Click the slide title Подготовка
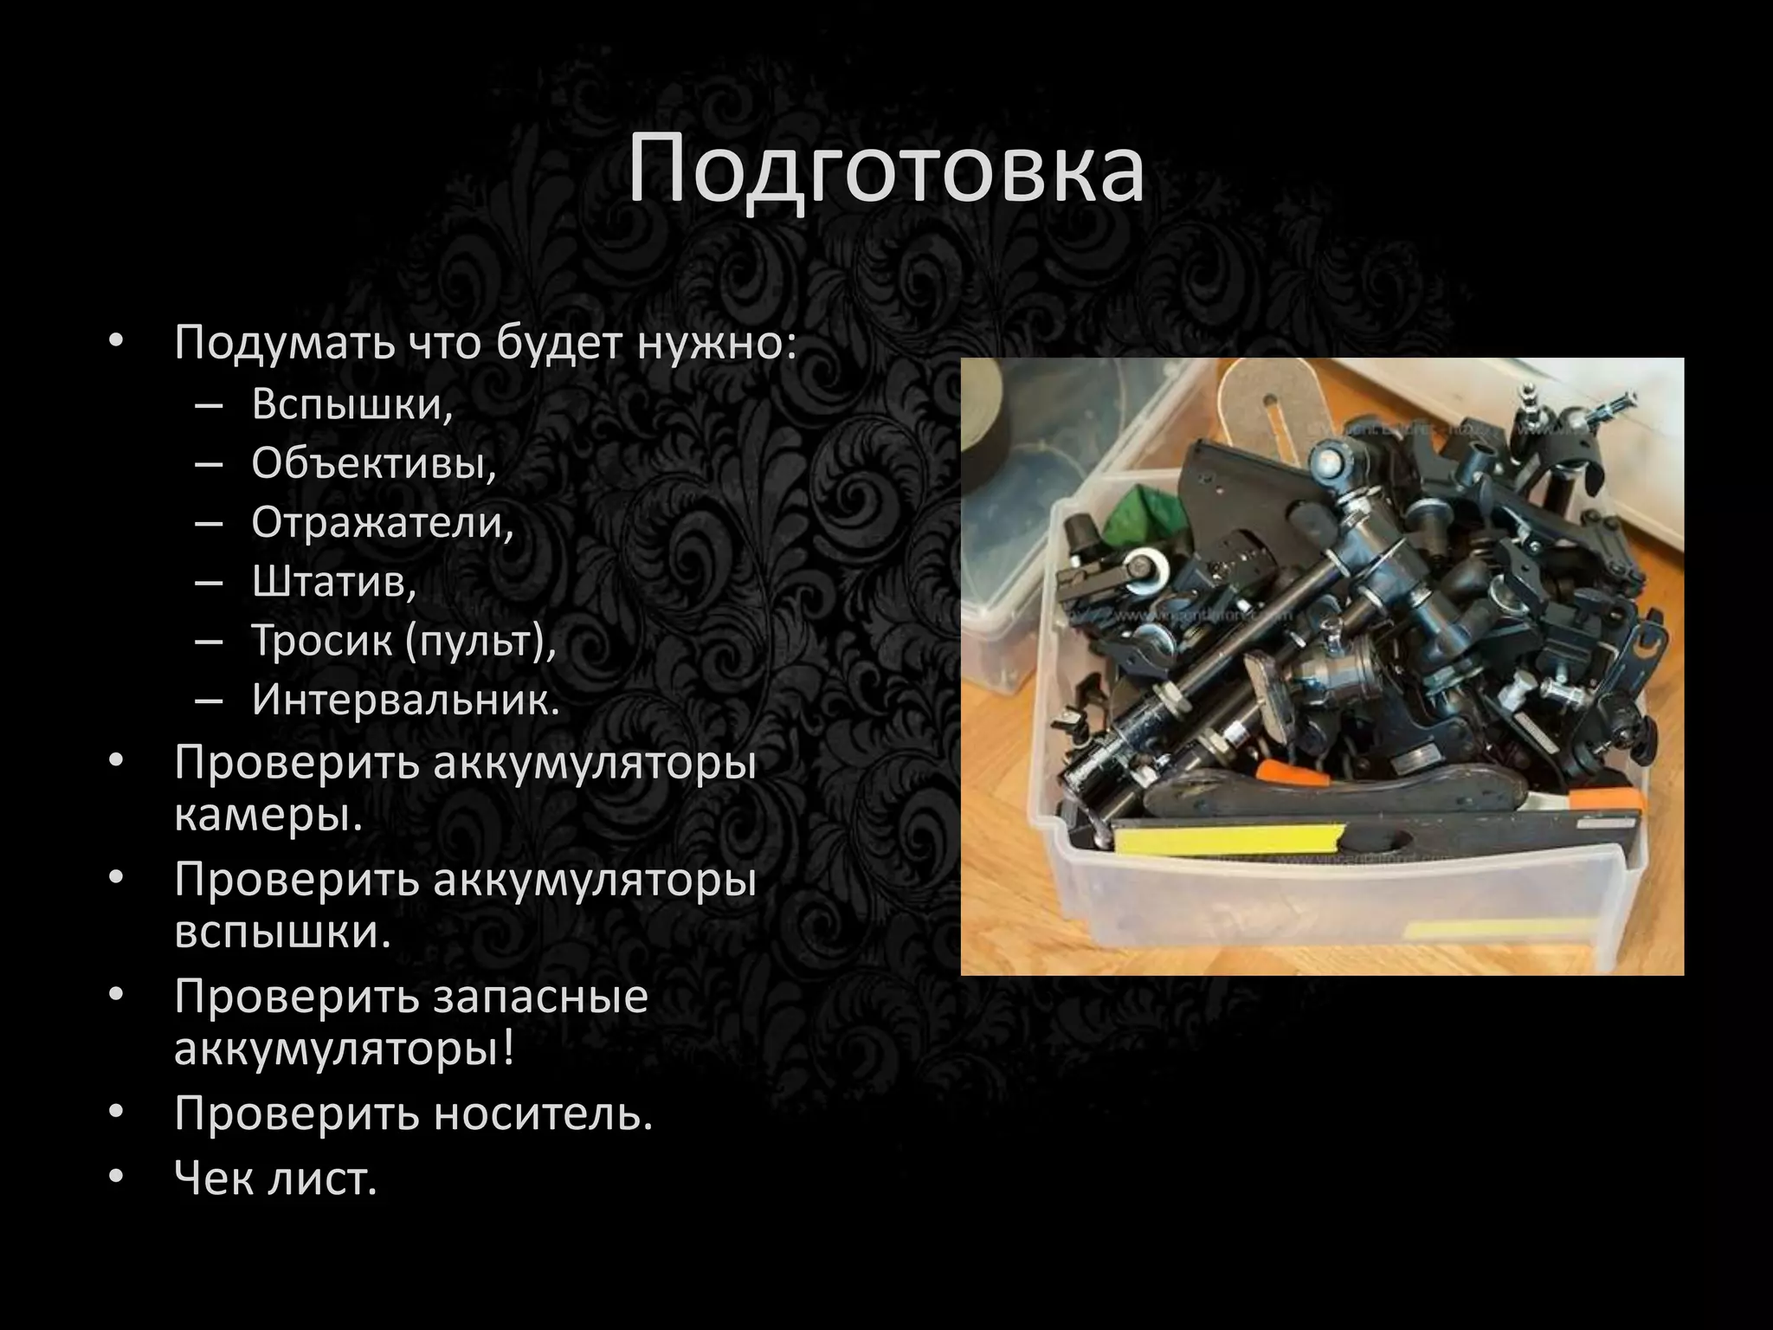click(886, 171)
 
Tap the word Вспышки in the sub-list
click(351, 404)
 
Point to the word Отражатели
click(382, 522)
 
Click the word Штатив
click(333, 581)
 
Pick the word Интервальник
click(405, 700)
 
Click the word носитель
click(542, 1114)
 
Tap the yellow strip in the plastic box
click(1229, 838)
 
